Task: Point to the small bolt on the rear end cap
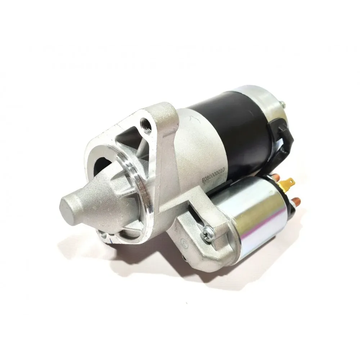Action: coord(283,103)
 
